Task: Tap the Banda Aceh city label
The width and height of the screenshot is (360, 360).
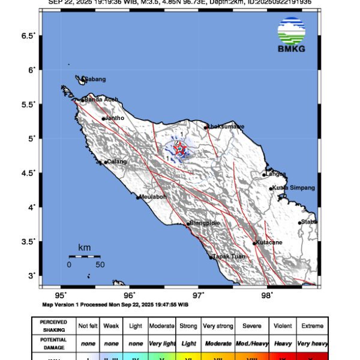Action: (x=101, y=100)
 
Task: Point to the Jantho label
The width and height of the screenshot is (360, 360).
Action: (x=115, y=118)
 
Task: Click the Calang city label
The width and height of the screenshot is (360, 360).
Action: (x=117, y=161)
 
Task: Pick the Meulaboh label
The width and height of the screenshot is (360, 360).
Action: (x=153, y=196)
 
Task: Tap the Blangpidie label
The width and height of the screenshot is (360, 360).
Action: (x=205, y=223)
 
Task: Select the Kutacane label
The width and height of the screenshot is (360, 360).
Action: (x=271, y=242)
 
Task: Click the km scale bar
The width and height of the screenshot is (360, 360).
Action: (x=83, y=256)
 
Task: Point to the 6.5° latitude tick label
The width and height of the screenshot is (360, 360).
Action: (x=29, y=36)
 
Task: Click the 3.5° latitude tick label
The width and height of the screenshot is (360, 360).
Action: (x=29, y=242)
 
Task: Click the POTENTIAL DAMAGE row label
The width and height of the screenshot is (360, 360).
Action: (x=53, y=343)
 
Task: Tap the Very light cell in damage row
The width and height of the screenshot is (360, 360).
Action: (x=161, y=343)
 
